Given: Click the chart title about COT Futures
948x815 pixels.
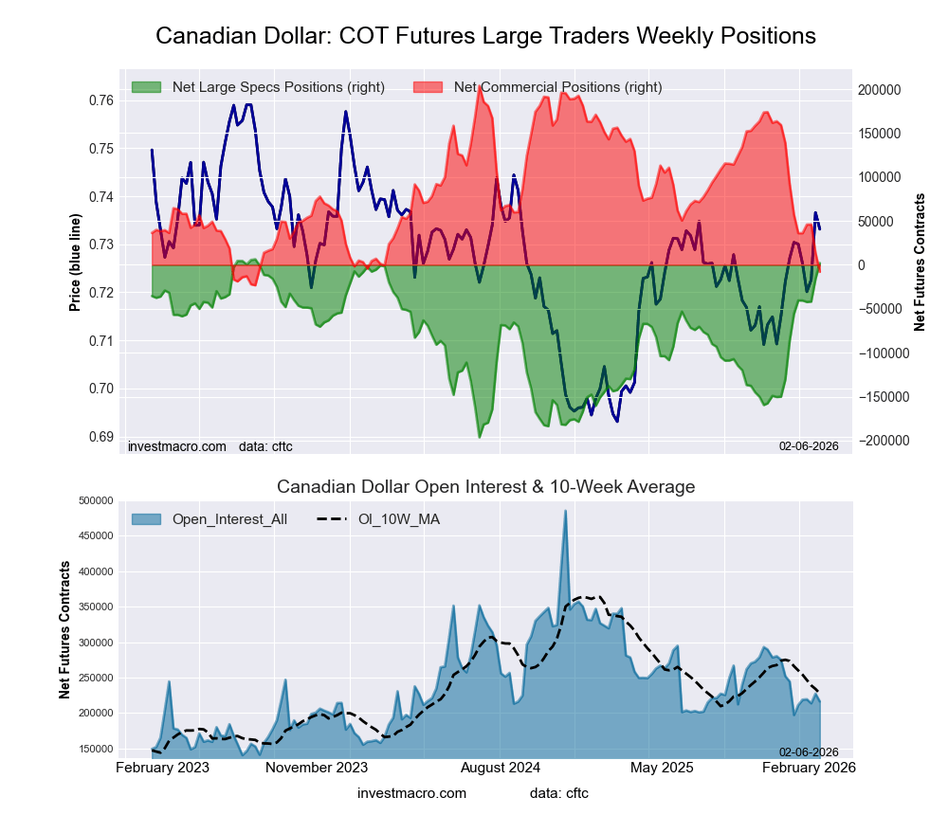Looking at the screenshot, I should [x=485, y=36].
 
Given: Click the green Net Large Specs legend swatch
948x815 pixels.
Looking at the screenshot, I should [x=147, y=87].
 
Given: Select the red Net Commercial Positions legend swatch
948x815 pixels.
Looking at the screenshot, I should [x=428, y=87].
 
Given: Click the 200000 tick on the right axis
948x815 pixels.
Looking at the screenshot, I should [x=880, y=90].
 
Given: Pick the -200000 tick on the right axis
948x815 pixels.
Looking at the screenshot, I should [x=882, y=441].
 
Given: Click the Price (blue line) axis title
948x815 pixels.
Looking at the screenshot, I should [x=75, y=263].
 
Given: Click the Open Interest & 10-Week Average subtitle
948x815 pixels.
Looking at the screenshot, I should [x=485, y=487].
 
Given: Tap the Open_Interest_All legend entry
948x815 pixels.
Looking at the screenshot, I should [x=229, y=519].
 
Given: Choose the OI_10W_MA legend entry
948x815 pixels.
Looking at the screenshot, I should [x=398, y=519].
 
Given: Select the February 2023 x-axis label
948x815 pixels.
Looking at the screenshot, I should [x=162, y=767].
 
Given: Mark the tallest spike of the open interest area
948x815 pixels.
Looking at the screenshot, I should [x=566, y=511].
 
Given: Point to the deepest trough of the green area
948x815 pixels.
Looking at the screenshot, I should [x=480, y=437].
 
